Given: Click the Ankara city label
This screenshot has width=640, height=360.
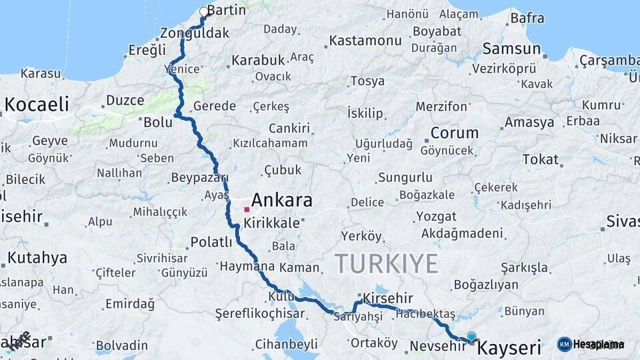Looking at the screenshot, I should click(281, 200).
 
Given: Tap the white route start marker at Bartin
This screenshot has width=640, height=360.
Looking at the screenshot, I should click(204, 11).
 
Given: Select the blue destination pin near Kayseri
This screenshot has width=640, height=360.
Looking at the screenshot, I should click(471, 337).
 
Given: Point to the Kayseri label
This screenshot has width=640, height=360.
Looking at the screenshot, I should click(510, 348).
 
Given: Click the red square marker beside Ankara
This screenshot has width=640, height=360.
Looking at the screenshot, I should click(247, 209).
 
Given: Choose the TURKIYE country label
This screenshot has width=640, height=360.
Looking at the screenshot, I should click(386, 263).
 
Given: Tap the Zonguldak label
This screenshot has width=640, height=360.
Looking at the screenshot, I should click(195, 33).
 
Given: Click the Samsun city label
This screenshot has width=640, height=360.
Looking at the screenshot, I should click(511, 49).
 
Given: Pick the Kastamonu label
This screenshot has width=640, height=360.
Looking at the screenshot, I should click(366, 41).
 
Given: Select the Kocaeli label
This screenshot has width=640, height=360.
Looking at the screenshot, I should click(37, 104).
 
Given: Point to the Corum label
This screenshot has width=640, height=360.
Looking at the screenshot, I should click(454, 133).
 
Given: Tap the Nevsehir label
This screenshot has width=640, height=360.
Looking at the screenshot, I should click(437, 346).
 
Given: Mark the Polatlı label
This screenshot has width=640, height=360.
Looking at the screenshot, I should click(211, 241).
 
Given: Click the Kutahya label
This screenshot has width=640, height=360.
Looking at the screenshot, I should click(37, 258).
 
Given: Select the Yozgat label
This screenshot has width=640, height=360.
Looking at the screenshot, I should click(437, 217).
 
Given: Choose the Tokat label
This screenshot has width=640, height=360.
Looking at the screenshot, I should click(540, 159).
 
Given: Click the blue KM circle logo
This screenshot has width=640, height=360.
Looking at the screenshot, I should click(565, 345).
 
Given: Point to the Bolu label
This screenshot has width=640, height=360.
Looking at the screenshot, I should click(158, 122).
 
